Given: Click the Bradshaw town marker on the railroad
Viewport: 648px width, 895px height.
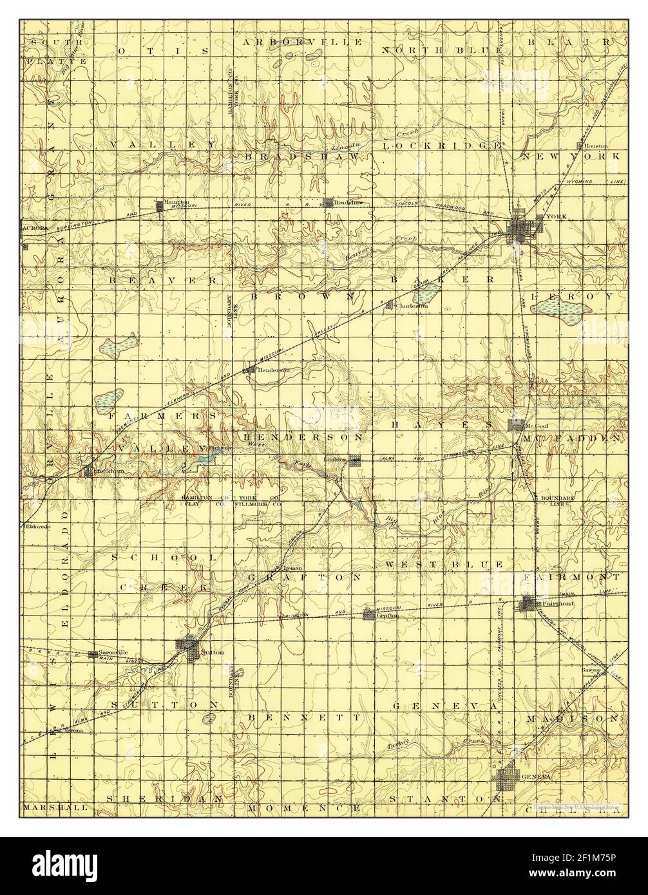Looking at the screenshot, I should [330, 202].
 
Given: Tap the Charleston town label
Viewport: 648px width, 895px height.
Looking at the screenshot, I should [413, 306].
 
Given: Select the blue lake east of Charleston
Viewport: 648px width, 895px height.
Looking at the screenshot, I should [426, 296].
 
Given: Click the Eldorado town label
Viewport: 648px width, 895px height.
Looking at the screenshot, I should [37, 526].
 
